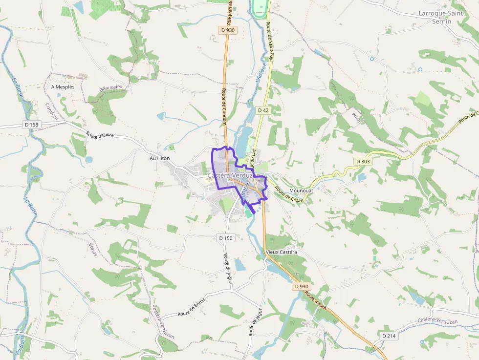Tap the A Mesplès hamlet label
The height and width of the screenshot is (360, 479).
(63, 87)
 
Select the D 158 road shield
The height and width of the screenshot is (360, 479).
(31, 125)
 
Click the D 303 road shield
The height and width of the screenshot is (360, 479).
(363, 161)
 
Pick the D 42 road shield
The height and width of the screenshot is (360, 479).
(263, 110)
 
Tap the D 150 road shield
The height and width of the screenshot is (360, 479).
(226, 238)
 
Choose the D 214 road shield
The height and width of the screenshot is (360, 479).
(389, 336)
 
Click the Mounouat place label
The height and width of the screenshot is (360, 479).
(301, 191)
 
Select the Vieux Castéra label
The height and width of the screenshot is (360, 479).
(282, 252)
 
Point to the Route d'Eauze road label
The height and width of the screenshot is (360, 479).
(100, 135)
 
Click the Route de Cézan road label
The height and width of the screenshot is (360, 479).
(289, 194)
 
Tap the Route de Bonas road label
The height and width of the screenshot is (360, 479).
(192, 306)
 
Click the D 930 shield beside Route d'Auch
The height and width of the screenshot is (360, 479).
(302, 286)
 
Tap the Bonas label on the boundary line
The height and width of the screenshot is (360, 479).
(93, 249)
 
